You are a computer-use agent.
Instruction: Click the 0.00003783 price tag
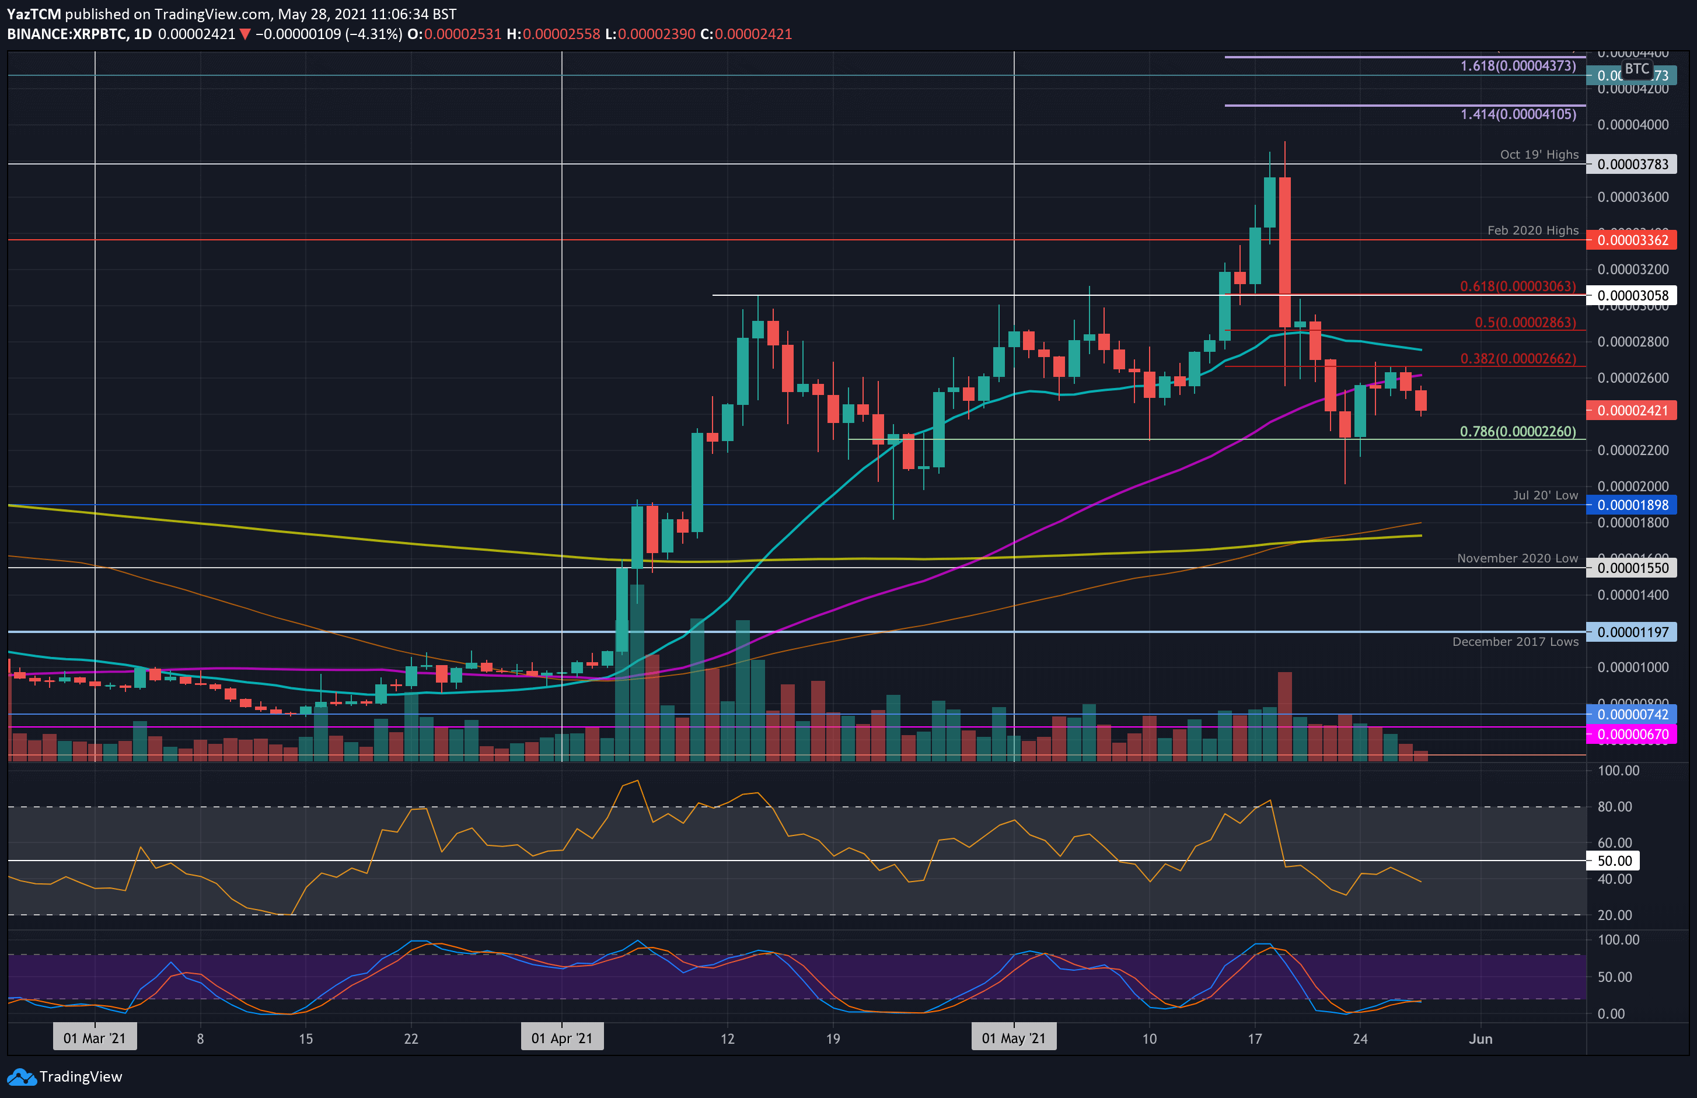[x=1632, y=165]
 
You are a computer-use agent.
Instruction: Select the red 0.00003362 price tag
[x=1632, y=240]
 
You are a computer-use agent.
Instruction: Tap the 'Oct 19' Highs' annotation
[x=1539, y=155]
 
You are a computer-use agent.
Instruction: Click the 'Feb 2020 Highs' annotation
[x=1532, y=230]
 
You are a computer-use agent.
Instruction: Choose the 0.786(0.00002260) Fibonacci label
[x=1517, y=431]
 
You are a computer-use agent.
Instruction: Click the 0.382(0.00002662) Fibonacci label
[x=1517, y=359]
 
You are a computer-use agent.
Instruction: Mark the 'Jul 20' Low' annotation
[x=1545, y=495]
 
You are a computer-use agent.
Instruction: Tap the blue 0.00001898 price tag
[x=1632, y=505]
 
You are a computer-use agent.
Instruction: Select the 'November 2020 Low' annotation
[x=1517, y=558]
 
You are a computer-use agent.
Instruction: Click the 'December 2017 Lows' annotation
[x=1514, y=642]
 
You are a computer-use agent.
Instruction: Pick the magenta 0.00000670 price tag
[x=1632, y=735]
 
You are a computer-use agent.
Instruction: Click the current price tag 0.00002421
[x=1632, y=411]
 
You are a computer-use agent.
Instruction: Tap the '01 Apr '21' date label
[x=562, y=1038]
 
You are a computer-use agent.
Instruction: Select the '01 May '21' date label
[x=1013, y=1038]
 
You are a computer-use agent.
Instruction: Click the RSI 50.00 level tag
[x=1614, y=861]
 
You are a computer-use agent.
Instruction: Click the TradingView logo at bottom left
[x=65, y=1076]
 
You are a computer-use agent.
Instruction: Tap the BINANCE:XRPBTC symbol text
[x=68, y=34]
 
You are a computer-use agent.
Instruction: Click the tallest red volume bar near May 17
[x=1284, y=716]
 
